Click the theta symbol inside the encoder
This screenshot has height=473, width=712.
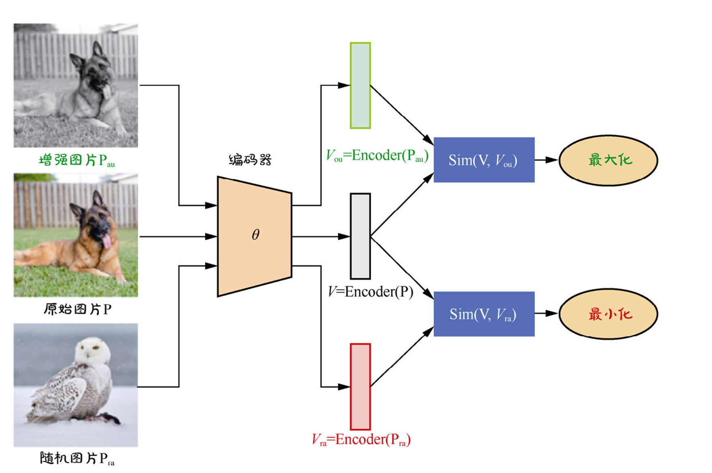(255, 234)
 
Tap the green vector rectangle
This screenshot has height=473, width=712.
(360, 86)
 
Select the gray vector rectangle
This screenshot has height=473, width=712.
(360, 236)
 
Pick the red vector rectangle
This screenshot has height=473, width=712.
(360, 387)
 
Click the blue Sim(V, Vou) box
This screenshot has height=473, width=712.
(484, 160)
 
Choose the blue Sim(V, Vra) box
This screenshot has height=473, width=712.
(484, 314)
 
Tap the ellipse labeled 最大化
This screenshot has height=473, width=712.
(608, 160)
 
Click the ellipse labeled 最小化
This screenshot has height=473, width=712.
(608, 314)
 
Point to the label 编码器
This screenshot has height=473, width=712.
(250, 160)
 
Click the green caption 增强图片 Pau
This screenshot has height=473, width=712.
(76, 161)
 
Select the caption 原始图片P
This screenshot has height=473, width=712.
(77, 310)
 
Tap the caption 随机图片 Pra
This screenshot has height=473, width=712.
(77, 458)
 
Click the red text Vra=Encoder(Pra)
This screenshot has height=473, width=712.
(361, 440)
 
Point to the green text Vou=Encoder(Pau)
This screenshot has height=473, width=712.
(377, 156)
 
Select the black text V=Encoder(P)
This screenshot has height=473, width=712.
(371, 292)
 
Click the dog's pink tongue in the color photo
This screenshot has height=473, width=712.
(107, 242)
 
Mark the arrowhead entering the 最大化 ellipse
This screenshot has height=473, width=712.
(552, 160)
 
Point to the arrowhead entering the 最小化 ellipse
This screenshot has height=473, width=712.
(552, 314)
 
